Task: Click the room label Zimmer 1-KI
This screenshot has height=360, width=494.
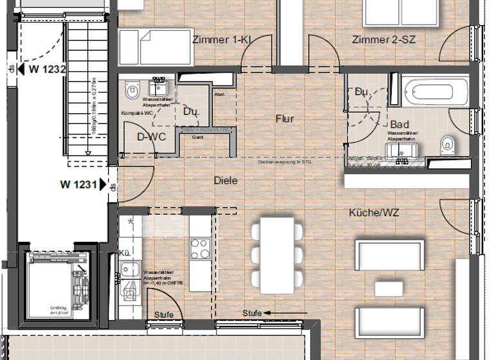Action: click(x=221, y=40)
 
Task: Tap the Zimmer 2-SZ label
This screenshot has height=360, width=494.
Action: click(x=383, y=40)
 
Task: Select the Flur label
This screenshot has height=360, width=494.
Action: click(x=284, y=119)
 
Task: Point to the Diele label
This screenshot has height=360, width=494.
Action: click(x=225, y=181)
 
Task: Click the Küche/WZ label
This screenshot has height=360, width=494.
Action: click(x=374, y=212)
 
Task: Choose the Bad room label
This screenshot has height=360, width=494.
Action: click(x=399, y=125)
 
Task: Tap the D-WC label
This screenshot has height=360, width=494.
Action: click(x=152, y=137)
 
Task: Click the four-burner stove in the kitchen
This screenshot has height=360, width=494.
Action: click(x=200, y=248)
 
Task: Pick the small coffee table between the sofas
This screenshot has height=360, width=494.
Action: click(x=390, y=287)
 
